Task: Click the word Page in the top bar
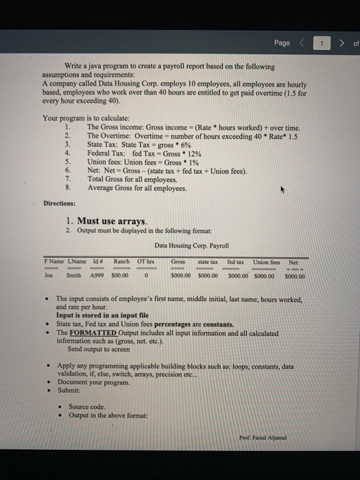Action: [x=282, y=43]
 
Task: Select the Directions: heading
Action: [x=57, y=204]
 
